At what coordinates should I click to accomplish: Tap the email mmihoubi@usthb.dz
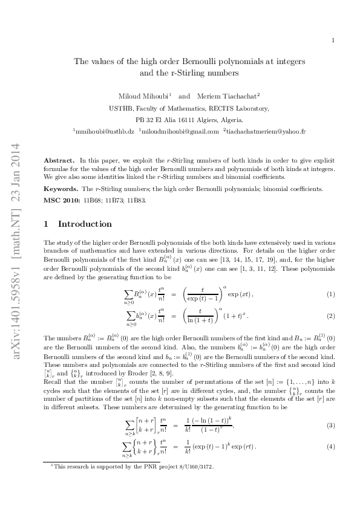tap(103, 131)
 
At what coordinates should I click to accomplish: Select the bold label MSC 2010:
tap(63, 200)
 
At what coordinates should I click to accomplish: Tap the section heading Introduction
tap(85, 224)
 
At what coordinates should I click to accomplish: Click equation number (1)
tap(331, 294)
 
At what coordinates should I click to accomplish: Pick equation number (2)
tap(331, 316)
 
